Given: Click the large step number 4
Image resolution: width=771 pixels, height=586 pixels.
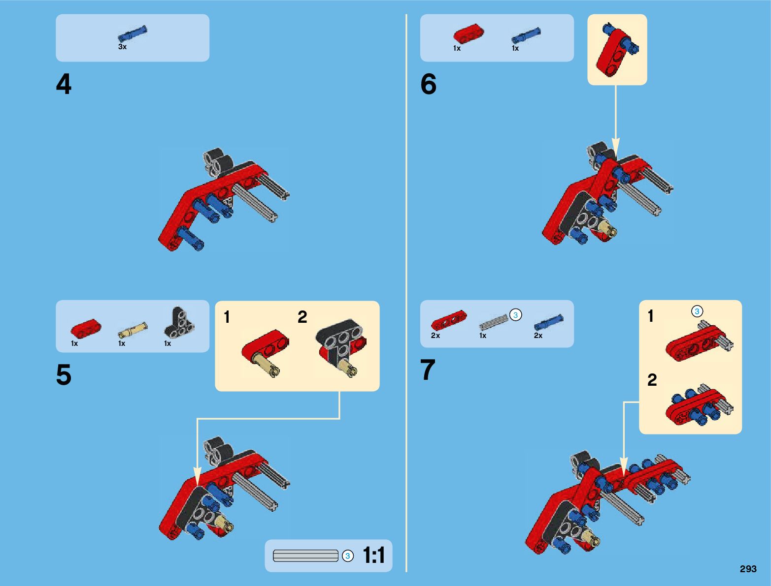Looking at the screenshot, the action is tap(64, 84).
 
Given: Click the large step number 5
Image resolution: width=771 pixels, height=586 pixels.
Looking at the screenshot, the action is tap(64, 374).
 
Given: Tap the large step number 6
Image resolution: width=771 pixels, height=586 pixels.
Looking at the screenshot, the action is tap(428, 84).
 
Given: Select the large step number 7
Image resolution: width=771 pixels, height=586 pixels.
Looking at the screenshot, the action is tap(428, 370).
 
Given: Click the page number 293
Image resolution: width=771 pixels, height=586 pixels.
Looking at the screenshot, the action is tap(748, 569).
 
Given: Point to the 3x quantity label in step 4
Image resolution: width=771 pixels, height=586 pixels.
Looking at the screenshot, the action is tap(122, 47).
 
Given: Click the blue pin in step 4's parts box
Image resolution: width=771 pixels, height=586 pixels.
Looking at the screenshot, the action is tap(133, 34).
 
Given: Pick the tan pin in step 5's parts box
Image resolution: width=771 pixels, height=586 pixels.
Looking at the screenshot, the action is tap(133, 330).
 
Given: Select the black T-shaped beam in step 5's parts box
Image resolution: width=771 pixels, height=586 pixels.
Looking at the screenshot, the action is tap(179, 322).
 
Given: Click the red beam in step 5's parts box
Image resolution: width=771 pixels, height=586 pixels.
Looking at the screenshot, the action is tap(86, 329).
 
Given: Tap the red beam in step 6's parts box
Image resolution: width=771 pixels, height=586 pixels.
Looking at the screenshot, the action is tap(469, 33).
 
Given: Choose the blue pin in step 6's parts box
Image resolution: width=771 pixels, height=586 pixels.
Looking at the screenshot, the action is tap(526, 35).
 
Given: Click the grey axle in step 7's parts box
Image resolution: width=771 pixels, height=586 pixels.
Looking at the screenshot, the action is tap(494, 322).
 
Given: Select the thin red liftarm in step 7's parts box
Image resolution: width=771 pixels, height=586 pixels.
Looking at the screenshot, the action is tap(449, 320).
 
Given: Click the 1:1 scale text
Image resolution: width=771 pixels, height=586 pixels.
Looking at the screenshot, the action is tap(374, 555).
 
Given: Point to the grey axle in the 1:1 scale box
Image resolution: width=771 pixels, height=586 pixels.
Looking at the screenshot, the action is tap(305, 556).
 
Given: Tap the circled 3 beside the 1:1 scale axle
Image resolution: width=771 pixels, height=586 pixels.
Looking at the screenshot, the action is tap(348, 556).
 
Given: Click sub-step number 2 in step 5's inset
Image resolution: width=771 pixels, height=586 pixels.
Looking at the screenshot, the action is tap(302, 317).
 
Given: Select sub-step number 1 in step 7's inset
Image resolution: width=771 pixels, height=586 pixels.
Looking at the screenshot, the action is tap(650, 315).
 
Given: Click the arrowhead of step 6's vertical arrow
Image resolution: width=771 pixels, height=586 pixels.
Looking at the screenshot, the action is tap(615, 146).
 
